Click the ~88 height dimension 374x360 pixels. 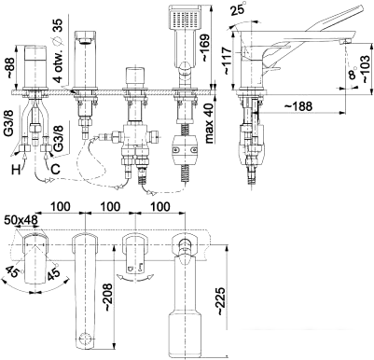pyautogui.click(x=10, y=67)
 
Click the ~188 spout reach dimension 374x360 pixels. pyautogui.click(x=298, y=106)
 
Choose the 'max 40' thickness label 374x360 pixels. pyautogui.click(x=210, y=123)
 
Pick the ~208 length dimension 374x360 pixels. pyautogui.click(x=108, y=297)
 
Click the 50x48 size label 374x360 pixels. pyautogui.click(x=21, y=220)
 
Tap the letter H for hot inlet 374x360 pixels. pyautogui.click(x=17, y=170)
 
